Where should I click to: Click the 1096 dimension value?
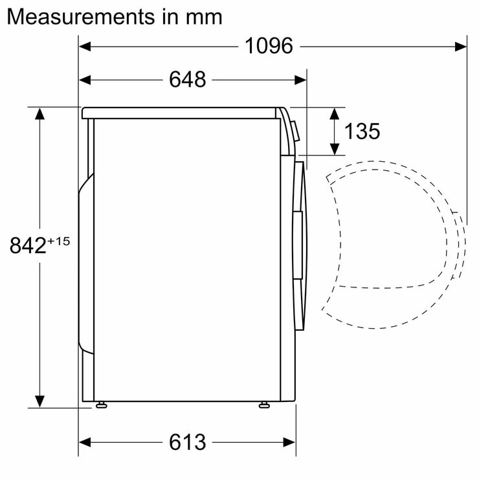pos(269,46)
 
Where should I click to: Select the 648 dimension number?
pos(187,80)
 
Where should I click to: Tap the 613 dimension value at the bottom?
pos(187,442)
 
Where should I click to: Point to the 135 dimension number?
pos(362,131)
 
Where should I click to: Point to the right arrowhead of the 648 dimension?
pos(301,80)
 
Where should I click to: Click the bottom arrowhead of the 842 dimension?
pos(40,402)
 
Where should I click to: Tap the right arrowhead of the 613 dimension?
pos(291,442)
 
